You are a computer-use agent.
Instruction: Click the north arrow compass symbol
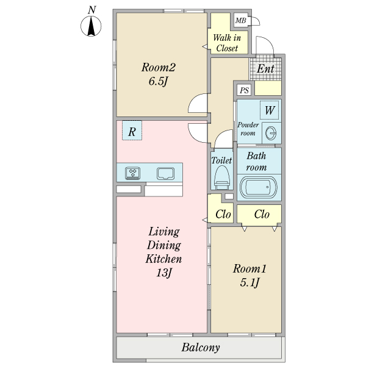[91, 27]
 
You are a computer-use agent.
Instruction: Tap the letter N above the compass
[91, 9]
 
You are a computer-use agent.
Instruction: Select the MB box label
[241, 21]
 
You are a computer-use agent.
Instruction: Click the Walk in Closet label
[227, 43]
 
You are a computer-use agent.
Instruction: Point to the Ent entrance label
[265, 68]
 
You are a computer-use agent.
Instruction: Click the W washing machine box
[270, 111]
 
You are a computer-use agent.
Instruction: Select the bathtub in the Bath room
[259, 187]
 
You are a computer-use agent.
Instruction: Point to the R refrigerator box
[132, 131]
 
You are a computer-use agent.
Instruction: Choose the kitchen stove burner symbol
[133, 173]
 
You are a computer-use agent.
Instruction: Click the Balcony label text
[200, 348]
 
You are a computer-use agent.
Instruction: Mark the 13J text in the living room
[162, 273]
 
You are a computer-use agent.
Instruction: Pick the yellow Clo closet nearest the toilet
[223, 214]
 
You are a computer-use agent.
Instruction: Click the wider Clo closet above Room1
[262, 214]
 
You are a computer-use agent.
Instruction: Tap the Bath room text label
[256, 161]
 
